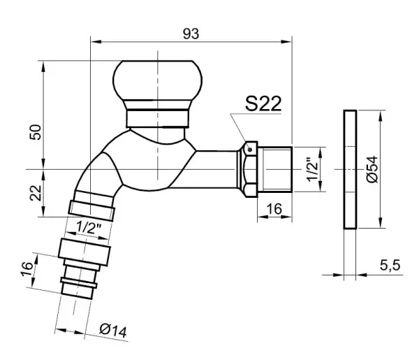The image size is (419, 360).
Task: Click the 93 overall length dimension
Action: pyautogui.click(x=191, y=34)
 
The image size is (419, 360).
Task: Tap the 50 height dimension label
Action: pyautogui.click(x=36, y=132)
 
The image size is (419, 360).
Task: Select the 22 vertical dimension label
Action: pyautogui.click(x=36, y=193)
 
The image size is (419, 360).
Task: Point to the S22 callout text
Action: pyautogui.click(x=263, y=103)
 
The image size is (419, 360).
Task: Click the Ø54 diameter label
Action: pyautogui.click(x=372, y=169)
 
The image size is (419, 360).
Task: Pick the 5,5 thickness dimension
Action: pyautogui.click(x=390, y=266)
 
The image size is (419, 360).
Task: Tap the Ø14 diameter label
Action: pyautogui.click(x=113, y=331)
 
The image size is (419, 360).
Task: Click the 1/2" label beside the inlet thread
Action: pyautogui.click(x=312, y=170)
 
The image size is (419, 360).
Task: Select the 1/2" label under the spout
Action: pyautogui.click(x=89, y=228)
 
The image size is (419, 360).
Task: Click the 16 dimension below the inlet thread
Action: pyautogui.click(x=274, y=209)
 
